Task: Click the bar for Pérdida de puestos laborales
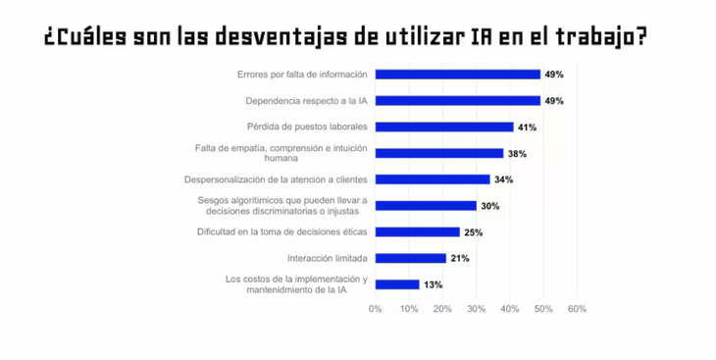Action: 444,127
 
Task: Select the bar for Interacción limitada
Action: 410,259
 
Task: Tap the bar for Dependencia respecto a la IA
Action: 458,100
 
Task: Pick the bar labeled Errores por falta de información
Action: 458,75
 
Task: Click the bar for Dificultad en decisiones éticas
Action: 417,232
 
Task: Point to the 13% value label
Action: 433,284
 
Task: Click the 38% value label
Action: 517,153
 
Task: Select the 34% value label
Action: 503,180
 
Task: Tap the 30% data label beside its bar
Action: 489,206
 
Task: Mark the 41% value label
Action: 527,127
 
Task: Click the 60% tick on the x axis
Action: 577,309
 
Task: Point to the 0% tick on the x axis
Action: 376,309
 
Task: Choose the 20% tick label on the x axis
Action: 442,309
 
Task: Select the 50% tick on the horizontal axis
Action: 543,309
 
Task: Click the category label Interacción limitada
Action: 328,259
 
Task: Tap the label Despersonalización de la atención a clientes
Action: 276,180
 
